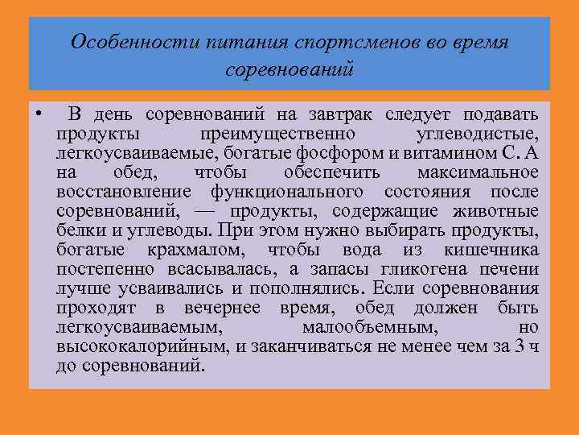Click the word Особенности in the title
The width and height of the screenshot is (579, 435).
115,43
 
